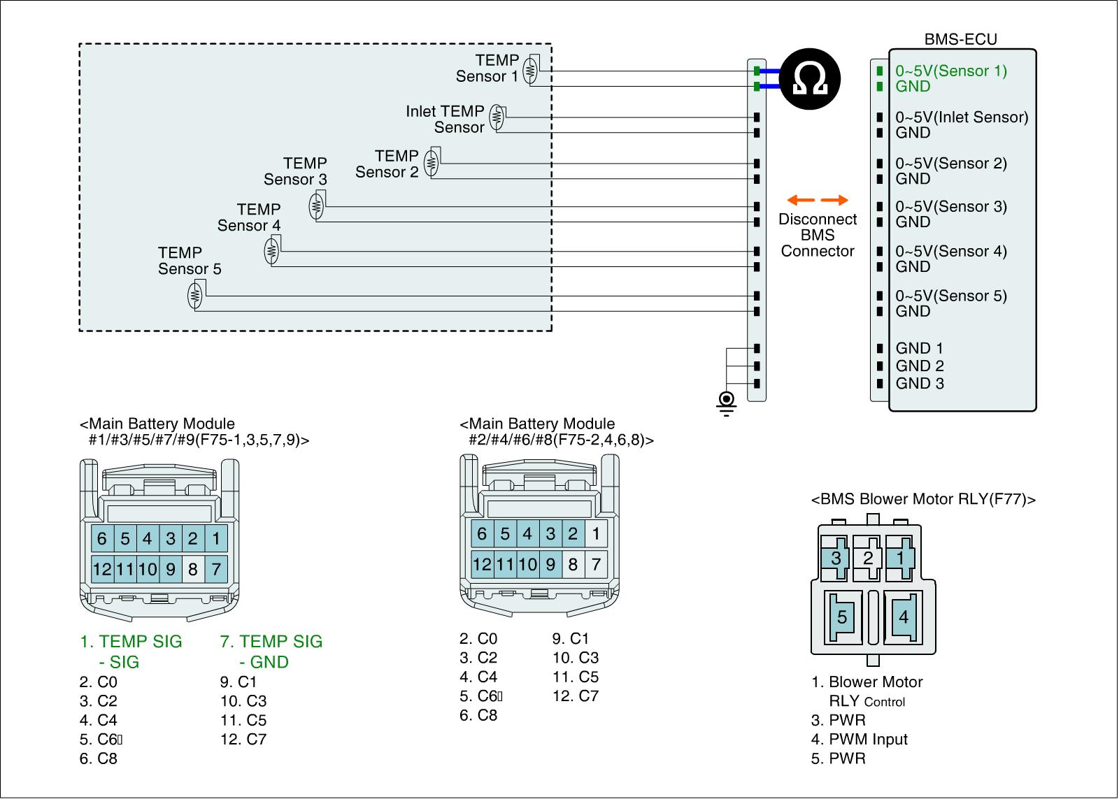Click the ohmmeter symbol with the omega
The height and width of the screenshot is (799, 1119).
pyautogui.click(x=809, y=79)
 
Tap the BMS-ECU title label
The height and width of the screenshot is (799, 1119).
pyautogui.click(x=960, y=39)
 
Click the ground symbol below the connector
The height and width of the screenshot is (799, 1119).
pyautogui.click(x=727, y=403)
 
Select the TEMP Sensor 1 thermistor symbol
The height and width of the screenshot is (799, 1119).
pyautogui.click(x=530, y=70)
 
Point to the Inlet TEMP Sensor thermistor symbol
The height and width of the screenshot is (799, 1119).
pyautogui.click(x=497, y=117)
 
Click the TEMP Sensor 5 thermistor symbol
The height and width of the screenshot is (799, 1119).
pyautogui.click(x=195, y=296)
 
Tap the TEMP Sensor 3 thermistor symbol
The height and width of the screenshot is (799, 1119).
pyautogui.click(x=316, y=206)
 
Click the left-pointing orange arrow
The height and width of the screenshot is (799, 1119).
pyautogui.click(x=801, y=200)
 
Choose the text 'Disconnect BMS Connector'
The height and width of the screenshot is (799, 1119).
pyautogui.click(x=818, y=235)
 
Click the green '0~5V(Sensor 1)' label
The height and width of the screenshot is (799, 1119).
pyautogui.click(x=950, y=71)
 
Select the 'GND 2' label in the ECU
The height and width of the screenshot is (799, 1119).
pyautogui.click(x=920, y=366)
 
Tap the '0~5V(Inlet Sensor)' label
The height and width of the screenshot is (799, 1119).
pyautogui.click(x=962, y=117)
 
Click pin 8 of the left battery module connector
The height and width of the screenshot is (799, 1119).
pyautogui.click(x=193, y=569)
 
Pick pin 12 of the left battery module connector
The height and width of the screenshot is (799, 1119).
pyautogui.click(x=102, y=569)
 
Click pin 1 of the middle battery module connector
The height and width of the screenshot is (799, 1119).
pyautogui.click(x=596, y=534)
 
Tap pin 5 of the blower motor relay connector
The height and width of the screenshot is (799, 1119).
pyautogui.click(x=843, y=617)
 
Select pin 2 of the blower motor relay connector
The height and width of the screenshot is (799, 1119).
pyautogui.click(x=868, y=558)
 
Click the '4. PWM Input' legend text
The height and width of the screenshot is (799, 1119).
pyautogui.click(x=860, y=739)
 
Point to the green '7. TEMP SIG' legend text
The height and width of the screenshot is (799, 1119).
pyautogui.click(x=271, y=641)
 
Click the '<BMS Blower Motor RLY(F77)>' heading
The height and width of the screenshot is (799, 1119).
pyautogui.click(x=923, y=499)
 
